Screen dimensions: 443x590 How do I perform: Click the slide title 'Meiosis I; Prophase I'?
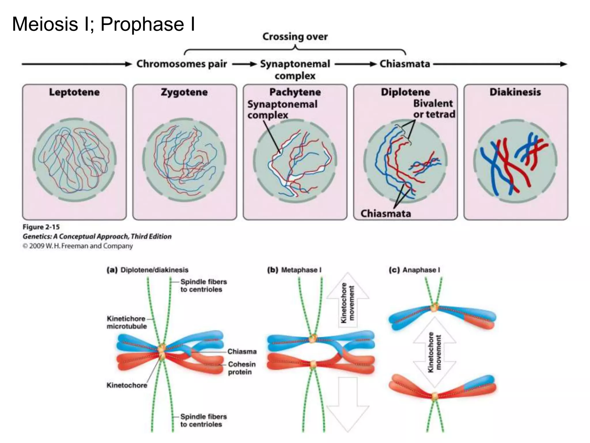click(x=103, y=24)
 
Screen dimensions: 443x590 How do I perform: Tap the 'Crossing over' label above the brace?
click(x=295, y=37)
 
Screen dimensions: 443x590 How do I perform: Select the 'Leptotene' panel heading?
click(x=74, y=92)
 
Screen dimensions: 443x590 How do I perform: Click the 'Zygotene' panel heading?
click(x=184, y=92)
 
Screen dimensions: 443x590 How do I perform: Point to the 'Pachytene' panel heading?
click(x=295, y=92)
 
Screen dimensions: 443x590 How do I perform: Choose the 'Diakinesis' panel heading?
click(x=515, y=92)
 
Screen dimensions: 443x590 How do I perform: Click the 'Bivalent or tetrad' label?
click(x=434, y=109)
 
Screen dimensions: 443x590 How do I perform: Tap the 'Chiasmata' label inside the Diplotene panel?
click(x=385, y=213)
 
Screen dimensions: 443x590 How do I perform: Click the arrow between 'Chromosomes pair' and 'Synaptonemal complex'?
click(x=244, y=64)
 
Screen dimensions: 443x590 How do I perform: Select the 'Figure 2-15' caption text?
click(x=41, y=227)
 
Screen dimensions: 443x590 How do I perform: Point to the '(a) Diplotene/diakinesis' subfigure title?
click(x=147, y=270)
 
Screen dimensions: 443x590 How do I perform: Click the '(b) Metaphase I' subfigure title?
click(x=294, y=270)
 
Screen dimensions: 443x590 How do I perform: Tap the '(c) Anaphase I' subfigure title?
click(x=414, y=270)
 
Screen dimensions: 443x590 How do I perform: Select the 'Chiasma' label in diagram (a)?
click(x=242, y=351)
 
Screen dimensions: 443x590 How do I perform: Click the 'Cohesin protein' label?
click(x=241, y=368)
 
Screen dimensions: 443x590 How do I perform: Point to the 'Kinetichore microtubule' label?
click(x=127, y=322)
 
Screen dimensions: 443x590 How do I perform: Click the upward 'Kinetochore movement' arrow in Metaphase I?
click(x=348, y=301)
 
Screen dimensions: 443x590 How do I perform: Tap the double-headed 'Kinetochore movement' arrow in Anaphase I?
click(x=434, y=352)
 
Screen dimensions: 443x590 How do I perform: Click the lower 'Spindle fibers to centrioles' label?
click(x=203, y=420)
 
